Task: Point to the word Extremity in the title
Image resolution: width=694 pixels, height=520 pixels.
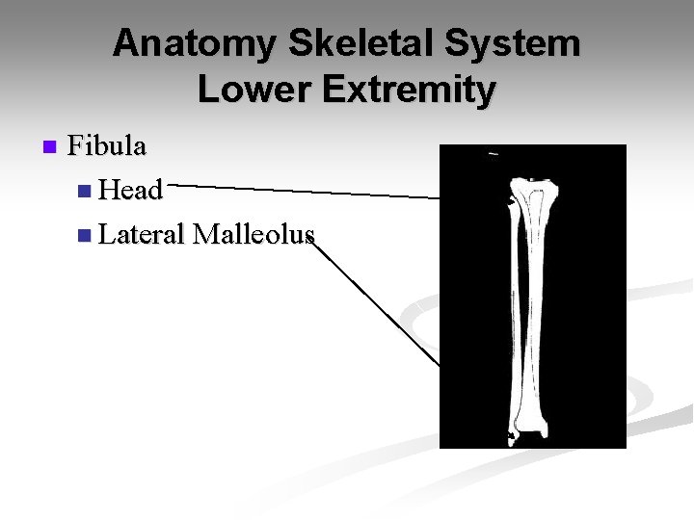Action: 411,90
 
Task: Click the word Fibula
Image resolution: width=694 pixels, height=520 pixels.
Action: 107,147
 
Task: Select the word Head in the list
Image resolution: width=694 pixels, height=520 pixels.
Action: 130,191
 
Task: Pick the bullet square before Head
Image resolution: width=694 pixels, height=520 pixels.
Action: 86,192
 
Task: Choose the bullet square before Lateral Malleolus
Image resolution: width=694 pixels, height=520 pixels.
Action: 86,235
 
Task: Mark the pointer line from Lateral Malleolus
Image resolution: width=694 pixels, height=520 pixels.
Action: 376,302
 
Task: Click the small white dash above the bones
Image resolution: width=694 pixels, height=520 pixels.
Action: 494,154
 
